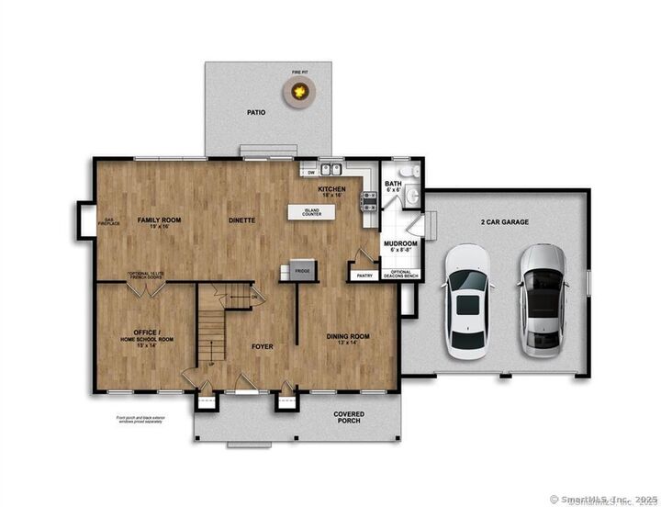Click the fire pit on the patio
click(297, 89)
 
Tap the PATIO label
click(255, 113)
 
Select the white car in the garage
click(467, 301)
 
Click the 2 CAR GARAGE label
click(501, 222)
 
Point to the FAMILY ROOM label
click(160, 220)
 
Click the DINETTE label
click(241, 220)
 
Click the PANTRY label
click(363, 274)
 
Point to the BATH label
click(393, 185)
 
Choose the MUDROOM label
click(399, 243)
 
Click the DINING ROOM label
click(348, 337)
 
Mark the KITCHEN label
click(331, 190)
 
